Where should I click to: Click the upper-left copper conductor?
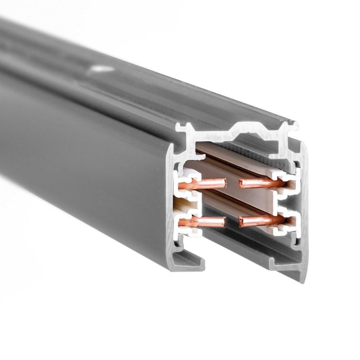pyautogui.click(x=206, y=182)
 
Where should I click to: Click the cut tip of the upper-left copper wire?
pyautogui.click(x=224, y=181)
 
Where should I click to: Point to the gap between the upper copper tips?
pyautogui.click(x=232, y=182)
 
